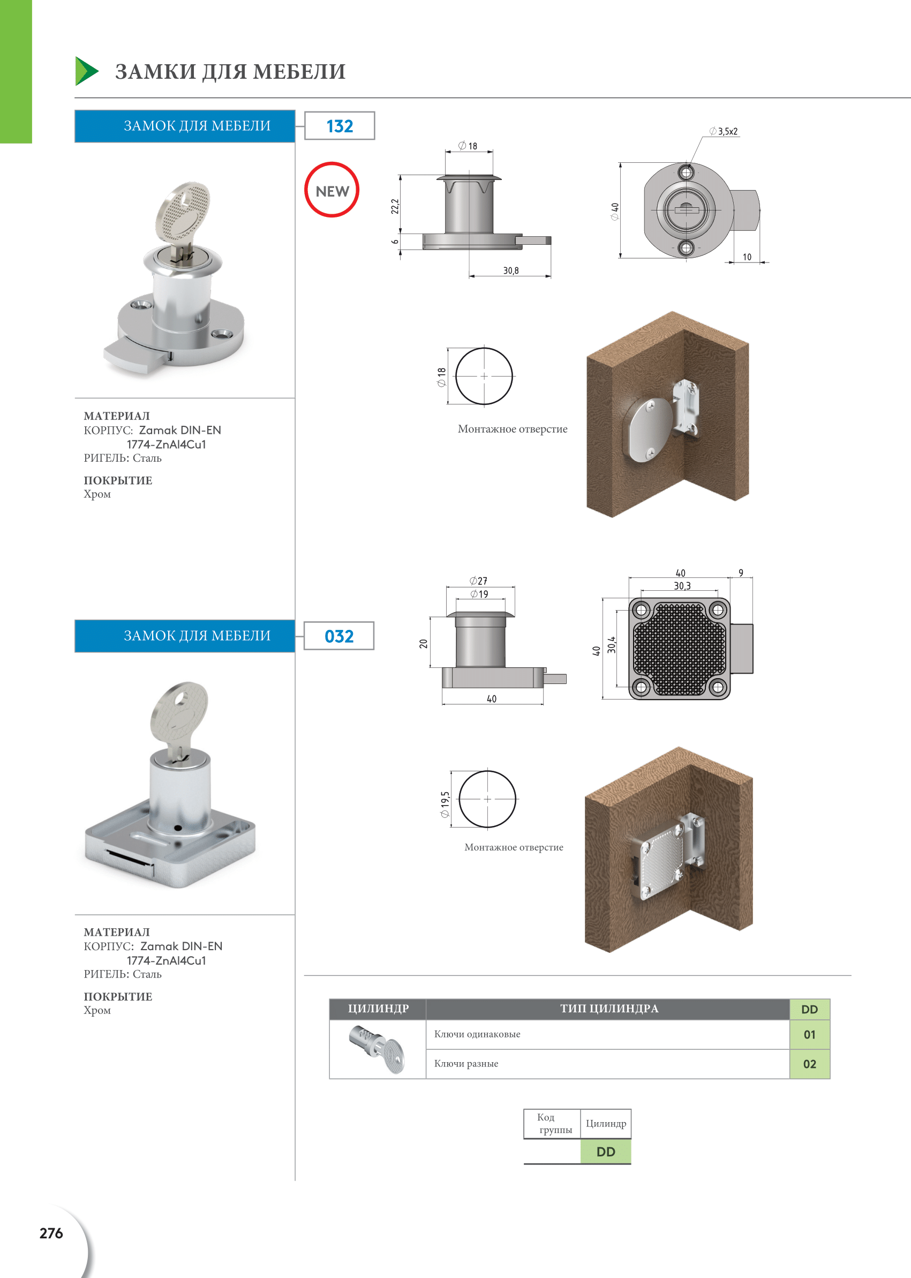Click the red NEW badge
(x=332, y=190)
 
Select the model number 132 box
(x=340, y=126)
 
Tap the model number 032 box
(x=339, y=636)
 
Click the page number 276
(x=51, y=1232)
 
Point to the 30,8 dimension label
(x=510, y=270)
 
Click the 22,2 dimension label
(x=395, y=206)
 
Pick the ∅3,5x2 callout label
(x=724, y=131)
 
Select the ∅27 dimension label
(x=478, y=581)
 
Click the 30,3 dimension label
(x=682, y=585)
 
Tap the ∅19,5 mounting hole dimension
(x=445, y=804)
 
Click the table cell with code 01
(x=809, y=1034)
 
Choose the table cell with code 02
(x=809, y=1064)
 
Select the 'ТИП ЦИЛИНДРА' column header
(x=608, y=1008)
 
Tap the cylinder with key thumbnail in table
(x=377, y=1048)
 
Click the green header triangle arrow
(x=86, y=71)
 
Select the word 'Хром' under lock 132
(x=97, y=494)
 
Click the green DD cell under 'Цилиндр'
(x=605, y=1151)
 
